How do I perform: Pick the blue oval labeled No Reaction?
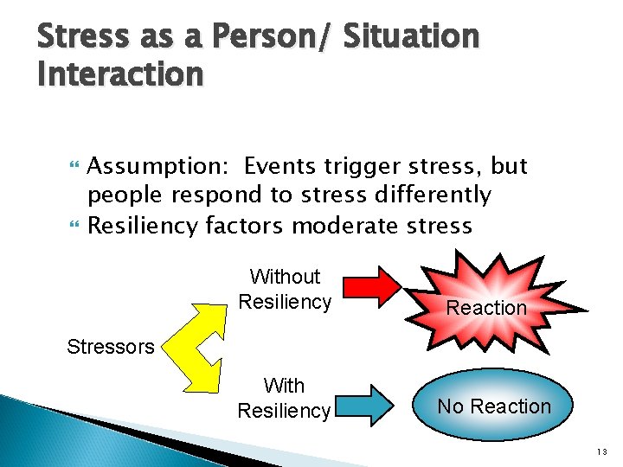tap(494, 406)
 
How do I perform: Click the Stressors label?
tap(111, 348)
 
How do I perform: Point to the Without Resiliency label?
tap(285, 289)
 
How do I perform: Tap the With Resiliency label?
tap(284, 398)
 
